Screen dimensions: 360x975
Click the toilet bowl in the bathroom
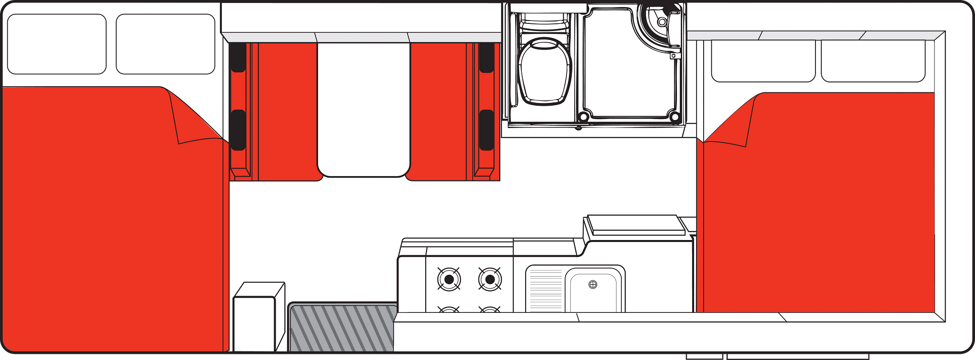point(545,71)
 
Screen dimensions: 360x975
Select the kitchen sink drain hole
point(593,284)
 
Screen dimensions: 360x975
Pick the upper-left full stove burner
point(448,280)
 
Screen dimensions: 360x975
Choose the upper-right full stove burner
point(490,280)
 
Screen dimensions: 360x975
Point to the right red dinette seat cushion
point(438,112)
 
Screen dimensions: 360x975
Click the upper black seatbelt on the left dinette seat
point(238,57)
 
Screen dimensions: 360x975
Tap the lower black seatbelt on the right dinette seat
point(486,130)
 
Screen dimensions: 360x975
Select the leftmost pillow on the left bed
point(57,44)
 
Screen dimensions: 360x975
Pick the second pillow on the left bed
point(165,44)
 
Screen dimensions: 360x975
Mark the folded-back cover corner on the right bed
point(731,124)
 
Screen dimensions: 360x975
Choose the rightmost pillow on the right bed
point(873,61)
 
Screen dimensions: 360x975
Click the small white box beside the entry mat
point(255,321)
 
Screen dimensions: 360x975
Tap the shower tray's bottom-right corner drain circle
point(674,117)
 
